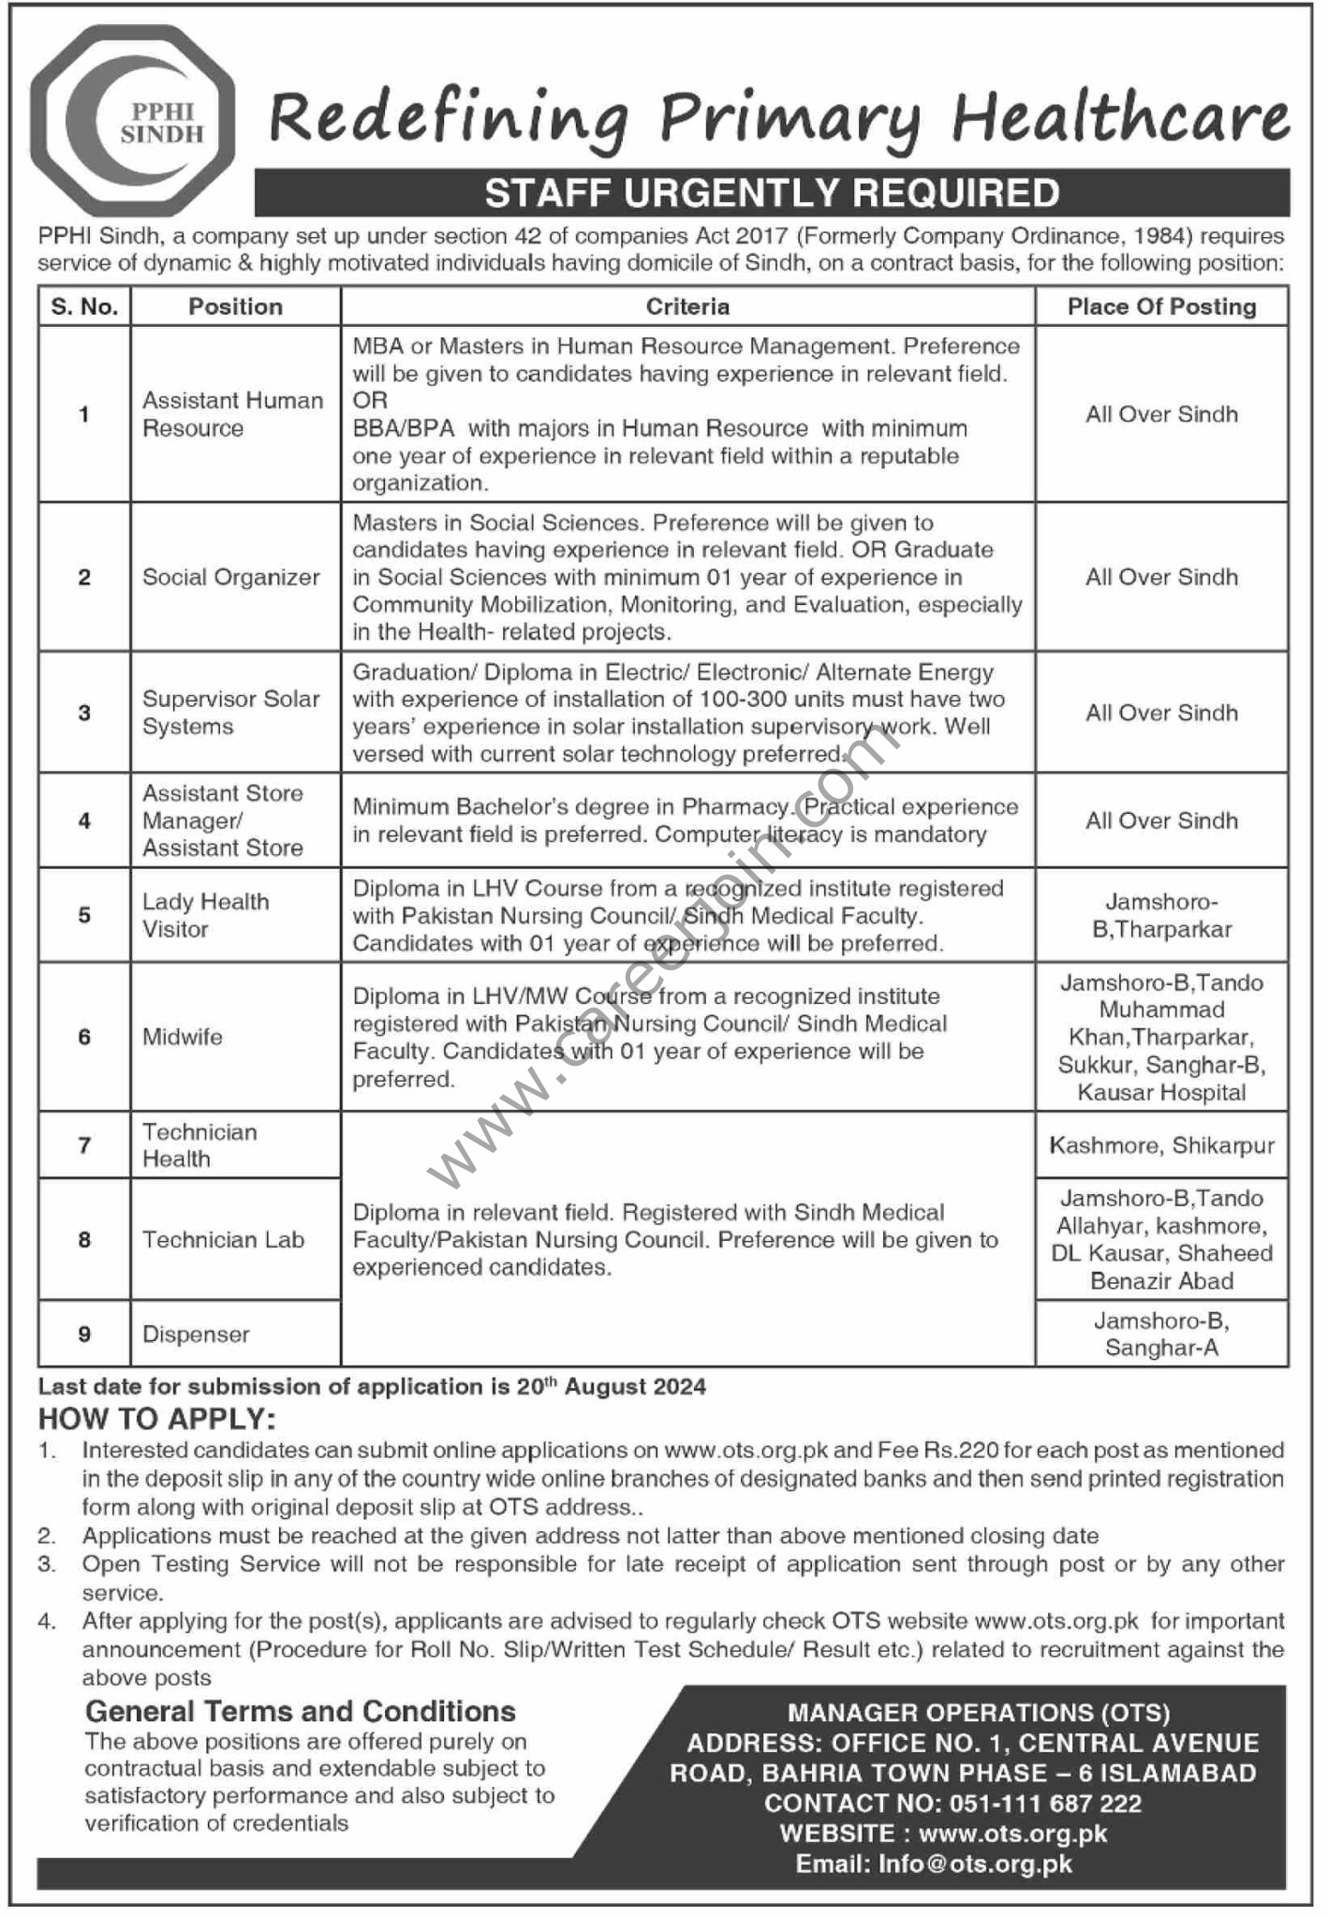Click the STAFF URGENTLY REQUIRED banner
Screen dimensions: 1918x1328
pos(772,193)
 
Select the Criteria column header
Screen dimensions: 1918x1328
pos(687,306)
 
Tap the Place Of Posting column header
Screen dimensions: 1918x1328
pos(1161,306)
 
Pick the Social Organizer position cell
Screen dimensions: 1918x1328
pos(231,577)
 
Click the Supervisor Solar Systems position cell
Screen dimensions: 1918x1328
pos(231,713)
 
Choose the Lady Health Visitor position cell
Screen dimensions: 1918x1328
pos(206,915)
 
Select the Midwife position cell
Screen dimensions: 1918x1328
pos(183,1037)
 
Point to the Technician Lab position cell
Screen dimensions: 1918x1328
pos(224,1240)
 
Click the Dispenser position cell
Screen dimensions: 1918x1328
pos(196,1334)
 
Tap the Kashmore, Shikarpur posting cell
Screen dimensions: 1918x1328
pos(1161,1145)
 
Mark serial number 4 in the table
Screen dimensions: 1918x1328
pos(84,820)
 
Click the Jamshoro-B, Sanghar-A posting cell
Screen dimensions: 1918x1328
pos(1161,1334)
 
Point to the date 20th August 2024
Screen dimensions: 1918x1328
pos(611,1386)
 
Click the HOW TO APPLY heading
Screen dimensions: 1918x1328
pos(157,1419)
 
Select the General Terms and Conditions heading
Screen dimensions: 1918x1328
pos(301,1711)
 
